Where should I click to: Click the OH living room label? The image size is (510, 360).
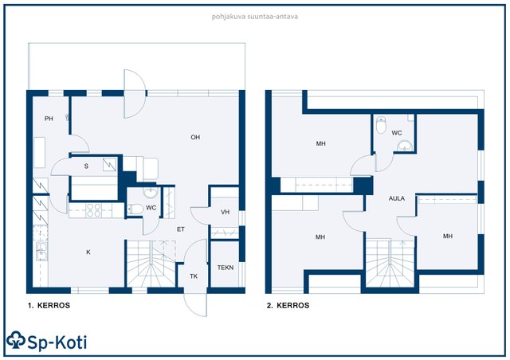(195, 137)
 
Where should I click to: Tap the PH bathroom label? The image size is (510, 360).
(49, 119)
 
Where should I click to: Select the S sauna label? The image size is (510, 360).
(86, 166)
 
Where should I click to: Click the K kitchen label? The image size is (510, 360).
(88, 252)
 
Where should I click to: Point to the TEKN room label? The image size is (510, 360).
(226, 268)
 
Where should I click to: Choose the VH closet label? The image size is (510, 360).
(225, 212)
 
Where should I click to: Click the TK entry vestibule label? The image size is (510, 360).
(194, 276)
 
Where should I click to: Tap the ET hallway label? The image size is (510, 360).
(181, 229)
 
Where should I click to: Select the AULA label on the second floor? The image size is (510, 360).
(397, 198)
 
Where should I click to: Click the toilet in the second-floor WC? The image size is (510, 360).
(381, 125)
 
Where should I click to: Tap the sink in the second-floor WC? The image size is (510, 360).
(405, 146)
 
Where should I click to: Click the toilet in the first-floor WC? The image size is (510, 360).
(135, 209)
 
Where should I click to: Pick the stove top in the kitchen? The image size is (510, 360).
(93, 210)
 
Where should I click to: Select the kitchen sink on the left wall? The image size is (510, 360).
(41, 251)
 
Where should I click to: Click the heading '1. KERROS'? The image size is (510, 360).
(49, 305)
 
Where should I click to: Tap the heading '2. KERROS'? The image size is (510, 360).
(288, 305)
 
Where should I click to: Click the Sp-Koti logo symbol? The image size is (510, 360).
(16, 340)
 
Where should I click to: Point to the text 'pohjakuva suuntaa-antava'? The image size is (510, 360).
(255, 17)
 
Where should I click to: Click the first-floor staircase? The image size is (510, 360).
(151, 264)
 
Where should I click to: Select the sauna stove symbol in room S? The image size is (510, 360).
(110, 165)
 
